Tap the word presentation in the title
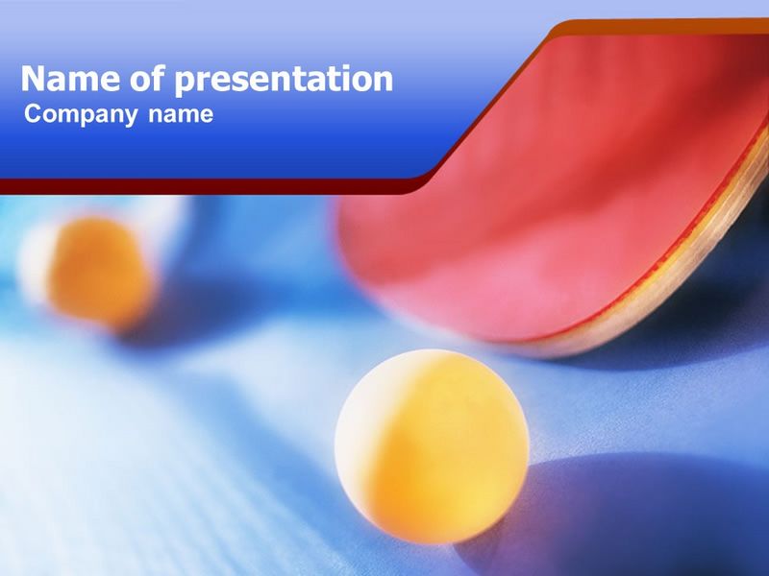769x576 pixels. tap(284, 81)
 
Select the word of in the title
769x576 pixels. tap(148, 79)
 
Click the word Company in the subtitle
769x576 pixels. tap(81, 115)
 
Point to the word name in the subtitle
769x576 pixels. tap(181, 115)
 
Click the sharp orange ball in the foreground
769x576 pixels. tap(432, 446)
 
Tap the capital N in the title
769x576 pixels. tap(33, 79)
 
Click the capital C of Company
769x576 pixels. tap(34, 113)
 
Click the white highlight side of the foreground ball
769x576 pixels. tap(358, 431)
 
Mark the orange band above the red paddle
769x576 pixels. tap(657, 27)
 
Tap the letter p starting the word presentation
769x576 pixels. tap(185, 84)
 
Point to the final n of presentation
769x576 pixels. tap(384, 82)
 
